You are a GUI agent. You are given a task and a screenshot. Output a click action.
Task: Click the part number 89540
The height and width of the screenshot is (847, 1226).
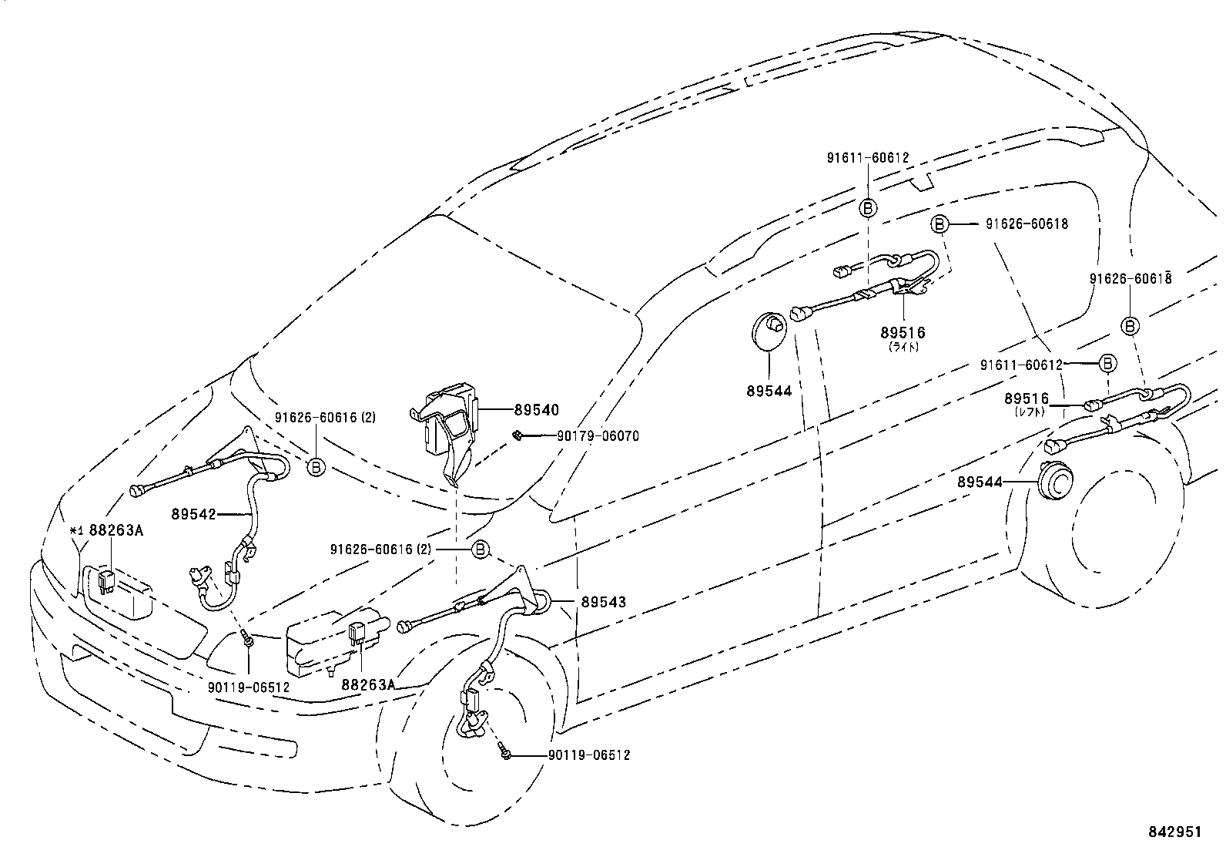point(536,410)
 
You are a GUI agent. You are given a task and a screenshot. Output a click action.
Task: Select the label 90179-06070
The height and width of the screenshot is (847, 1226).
point(598,436)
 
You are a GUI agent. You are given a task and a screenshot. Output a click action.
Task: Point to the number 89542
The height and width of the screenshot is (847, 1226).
point(194,514)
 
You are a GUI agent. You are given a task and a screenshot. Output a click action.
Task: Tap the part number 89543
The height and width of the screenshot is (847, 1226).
point(603,602)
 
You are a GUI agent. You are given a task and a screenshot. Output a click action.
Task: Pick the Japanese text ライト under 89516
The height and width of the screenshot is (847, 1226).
point(903,347)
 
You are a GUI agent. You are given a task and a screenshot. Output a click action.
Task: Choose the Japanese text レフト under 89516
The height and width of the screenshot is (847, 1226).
point(1029,412)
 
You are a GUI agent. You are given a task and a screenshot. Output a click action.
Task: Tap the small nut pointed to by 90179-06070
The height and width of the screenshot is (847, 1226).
point(516,435)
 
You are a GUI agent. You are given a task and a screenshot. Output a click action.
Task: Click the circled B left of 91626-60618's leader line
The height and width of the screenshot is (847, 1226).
point(940,224)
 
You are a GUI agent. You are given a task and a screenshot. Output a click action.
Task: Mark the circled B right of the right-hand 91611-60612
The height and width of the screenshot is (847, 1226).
point(1107,363)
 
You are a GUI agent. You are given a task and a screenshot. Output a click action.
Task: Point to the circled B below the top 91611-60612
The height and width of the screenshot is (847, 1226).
point(868,208)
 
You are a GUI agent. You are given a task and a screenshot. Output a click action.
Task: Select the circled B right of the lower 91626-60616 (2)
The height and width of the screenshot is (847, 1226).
point(480,549)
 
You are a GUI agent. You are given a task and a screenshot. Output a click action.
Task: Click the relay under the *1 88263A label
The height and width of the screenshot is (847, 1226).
point(106,582)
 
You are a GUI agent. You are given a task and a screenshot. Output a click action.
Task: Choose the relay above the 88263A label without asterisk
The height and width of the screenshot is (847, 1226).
point(357,634)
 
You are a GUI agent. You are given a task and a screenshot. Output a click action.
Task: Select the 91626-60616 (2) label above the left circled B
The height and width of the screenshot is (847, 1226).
point(325,418)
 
